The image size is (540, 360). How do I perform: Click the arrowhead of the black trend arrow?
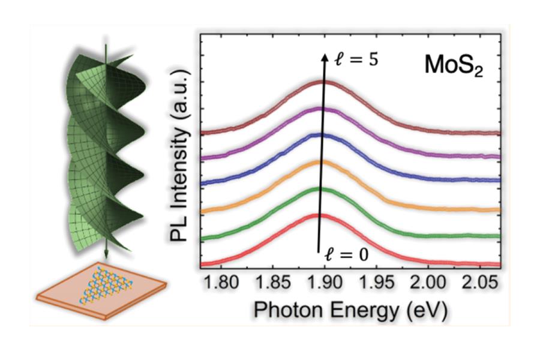pos(325,56)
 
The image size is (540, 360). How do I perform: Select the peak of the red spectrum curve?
pos(317,214)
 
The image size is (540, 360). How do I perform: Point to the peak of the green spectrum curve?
pos(319,188)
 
